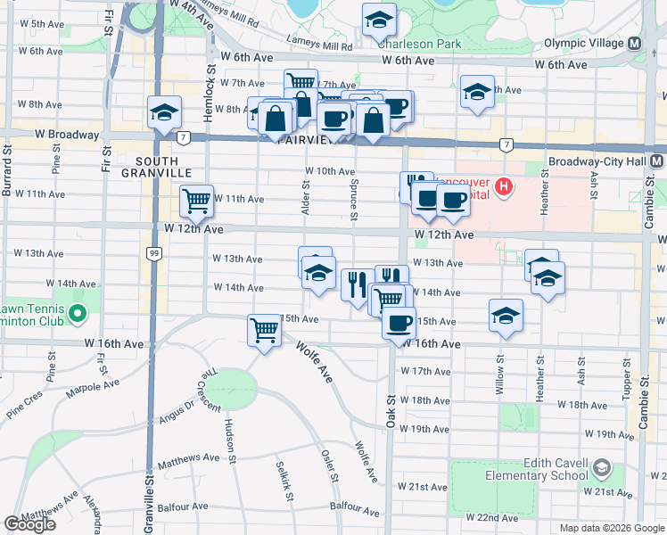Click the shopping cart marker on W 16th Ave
265,331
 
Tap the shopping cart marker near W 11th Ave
196,201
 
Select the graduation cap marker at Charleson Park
380,20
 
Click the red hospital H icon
504,188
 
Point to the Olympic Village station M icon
635,44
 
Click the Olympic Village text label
584,44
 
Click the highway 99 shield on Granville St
154,255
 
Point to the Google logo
30,524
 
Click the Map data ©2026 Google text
611,528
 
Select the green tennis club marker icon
77,313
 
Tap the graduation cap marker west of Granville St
165,113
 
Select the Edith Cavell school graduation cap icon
603,467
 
